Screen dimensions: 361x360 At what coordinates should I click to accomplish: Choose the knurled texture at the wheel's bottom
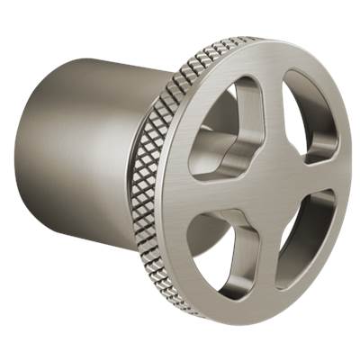[x=193, y=302]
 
